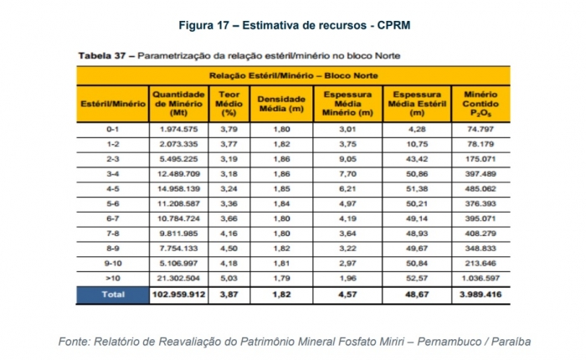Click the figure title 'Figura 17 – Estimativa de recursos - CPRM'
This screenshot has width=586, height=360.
[292, 24]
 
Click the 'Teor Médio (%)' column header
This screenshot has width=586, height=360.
[224, 102]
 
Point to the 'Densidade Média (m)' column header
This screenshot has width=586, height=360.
[282, 102]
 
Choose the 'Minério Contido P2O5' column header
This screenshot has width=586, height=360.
[475, 102]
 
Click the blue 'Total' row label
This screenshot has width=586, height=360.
[113, 295]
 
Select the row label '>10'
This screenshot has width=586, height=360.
[113, 278]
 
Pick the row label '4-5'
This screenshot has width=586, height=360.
[113, 189]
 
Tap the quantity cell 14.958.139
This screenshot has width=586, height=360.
[178, 189]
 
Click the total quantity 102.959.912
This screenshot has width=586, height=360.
[178, 295]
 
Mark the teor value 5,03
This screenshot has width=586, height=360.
[224, 278]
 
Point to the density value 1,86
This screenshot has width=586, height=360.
[282, 159]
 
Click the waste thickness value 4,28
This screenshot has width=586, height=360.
[416, 130]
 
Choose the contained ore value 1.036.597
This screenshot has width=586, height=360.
[475, 278]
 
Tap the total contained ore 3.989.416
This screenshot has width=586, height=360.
[475, 295]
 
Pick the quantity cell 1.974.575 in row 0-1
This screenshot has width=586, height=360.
[178, 130]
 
